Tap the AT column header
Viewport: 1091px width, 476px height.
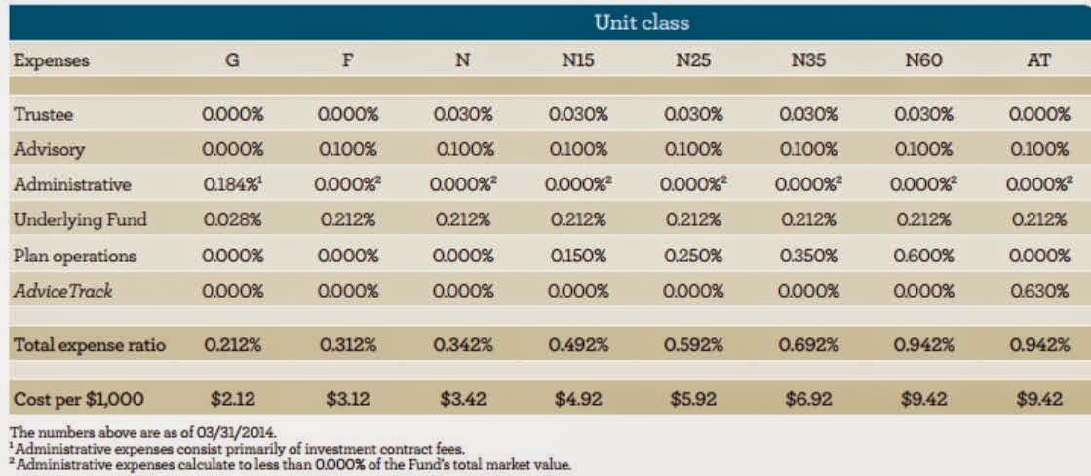click(1039, 60)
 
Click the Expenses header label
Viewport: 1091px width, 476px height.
click(51, 60)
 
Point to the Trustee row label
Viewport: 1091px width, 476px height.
click(44, 114)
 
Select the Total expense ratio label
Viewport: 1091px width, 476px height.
click(89, 345)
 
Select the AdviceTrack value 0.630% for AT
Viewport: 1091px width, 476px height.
click(1039, 292)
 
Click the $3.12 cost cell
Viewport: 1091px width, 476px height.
click(347, 399)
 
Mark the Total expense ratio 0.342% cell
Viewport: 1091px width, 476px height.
click(462, 345)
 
